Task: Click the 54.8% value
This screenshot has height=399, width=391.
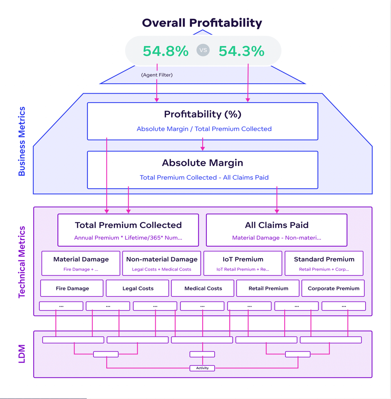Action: [x=165, y=51]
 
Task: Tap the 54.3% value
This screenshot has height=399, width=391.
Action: [x=241, y=51]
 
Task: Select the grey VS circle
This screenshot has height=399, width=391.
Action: [x=203, y=51]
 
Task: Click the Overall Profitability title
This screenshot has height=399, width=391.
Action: [x=202, y=23]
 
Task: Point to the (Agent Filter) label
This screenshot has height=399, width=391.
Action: [x=156, y=75]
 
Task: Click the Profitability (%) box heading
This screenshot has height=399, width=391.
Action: [x=203, y=114]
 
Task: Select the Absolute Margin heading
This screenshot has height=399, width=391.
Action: [x=203, y=163]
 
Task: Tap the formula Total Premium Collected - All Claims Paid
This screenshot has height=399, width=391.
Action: [x=204, y=177]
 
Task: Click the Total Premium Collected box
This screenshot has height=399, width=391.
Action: [x=128, y=230]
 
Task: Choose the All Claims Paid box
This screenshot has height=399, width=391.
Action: [x=276, y=230]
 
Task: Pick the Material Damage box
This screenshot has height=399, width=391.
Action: [x=81, y=264]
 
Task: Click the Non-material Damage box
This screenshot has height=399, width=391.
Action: [x=161, y=264]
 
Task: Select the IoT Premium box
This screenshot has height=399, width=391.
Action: [x=243, y=264]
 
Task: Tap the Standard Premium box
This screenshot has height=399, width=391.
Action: [x=324, y=264]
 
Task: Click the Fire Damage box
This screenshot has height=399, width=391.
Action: [x=72, y=288]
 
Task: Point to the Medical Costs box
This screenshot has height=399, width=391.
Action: [x=203, y=288]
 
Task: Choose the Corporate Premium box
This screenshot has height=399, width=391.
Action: [x=333, y=288]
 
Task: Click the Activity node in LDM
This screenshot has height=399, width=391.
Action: [x=202, y=368]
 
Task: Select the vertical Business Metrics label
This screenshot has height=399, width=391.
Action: [x=22, y=141]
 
